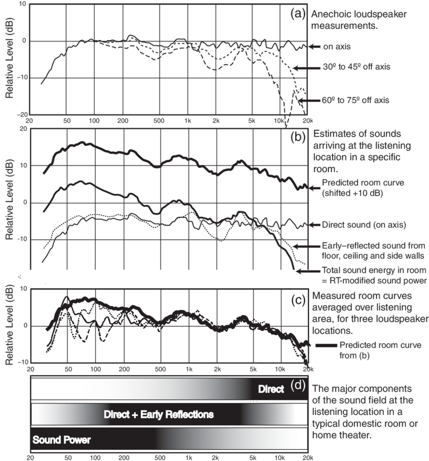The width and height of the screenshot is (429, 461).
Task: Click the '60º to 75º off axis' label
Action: [x=356, y=100]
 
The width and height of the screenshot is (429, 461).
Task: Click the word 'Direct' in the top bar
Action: [x=271, y=389]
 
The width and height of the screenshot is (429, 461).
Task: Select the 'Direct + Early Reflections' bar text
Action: [x=158, y=415]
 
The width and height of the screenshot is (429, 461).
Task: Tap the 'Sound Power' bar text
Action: [x=62, y=440]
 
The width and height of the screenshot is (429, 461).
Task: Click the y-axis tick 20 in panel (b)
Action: [x=23, y=129]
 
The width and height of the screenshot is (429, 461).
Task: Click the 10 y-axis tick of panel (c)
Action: [x=23, y=289]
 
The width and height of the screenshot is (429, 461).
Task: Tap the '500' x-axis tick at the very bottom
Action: [x=160, y=456]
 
